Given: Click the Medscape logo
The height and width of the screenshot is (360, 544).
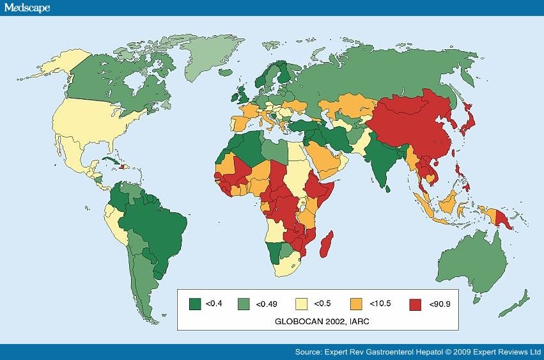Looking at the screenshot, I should [26, 7].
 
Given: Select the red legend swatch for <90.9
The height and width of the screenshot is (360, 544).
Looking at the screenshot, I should [415, 304].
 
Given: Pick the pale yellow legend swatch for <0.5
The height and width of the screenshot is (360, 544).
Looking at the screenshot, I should [301, 304].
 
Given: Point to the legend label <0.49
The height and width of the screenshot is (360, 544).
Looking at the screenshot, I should [266, 304].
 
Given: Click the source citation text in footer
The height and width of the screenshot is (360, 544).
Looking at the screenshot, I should [418, 352].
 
